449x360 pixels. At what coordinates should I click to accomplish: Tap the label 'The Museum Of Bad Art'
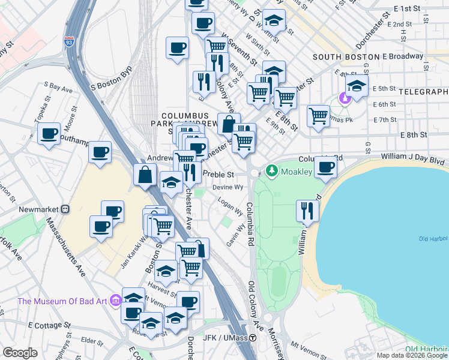pyautogui.click(x=62, y=301)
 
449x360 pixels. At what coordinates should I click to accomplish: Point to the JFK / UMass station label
pyautogui.click(x=226, y=338)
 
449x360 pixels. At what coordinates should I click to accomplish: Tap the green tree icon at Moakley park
pyautogui.click(x=271, y=172)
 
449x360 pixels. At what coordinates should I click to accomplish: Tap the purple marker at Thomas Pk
pyautogui.click(x=345, y=98)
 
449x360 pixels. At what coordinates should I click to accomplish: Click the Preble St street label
pyautogui.click(x=217, y=174)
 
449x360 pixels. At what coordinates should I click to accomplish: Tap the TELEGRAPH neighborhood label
pyautogui.click(x=423, y=92)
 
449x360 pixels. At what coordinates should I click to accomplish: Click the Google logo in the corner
pyautogui.click(x=20, y=353)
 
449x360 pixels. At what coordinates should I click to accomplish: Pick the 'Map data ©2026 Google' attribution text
pyautogui.click(x=412, y=355)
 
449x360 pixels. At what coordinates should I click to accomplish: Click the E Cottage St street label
pyautogui.click(x=50, y=325)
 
